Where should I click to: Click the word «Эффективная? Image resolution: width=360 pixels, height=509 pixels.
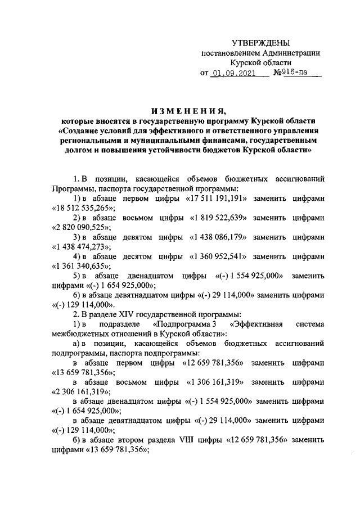pos(256,325)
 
